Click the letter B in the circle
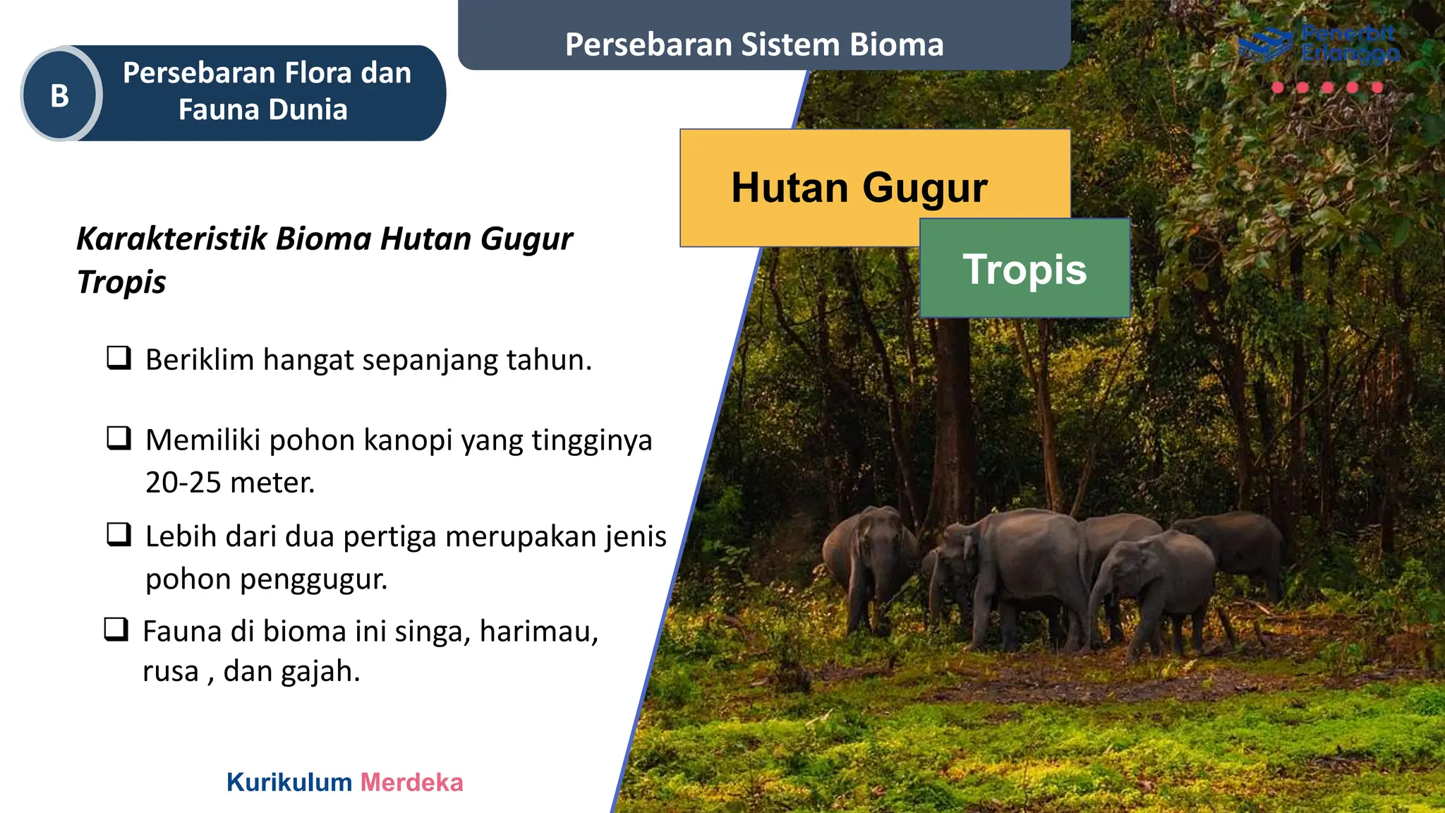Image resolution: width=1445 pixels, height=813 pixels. click(60, 95)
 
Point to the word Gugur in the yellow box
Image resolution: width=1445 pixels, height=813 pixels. click(924, 188)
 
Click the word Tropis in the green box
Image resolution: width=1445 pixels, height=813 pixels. click(1024, 270)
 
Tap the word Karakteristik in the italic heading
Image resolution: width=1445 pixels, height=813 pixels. click(171, 239)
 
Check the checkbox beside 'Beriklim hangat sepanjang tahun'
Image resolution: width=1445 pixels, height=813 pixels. click(119, 358)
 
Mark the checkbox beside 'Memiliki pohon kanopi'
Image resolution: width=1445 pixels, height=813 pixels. click(119, 438)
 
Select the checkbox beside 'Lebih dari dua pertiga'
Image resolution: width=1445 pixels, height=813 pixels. click(119, 534)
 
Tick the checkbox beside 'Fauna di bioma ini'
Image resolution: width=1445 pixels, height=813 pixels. click(116, 629)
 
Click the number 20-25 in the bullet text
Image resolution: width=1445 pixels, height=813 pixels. click(183, 483)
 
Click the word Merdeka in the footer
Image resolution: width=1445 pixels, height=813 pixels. click(411, 783)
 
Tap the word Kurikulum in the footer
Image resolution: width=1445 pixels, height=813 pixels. click(289, 783)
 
